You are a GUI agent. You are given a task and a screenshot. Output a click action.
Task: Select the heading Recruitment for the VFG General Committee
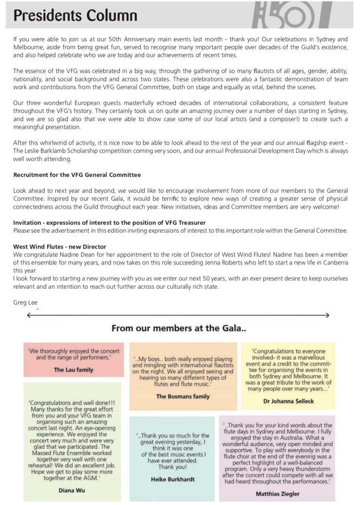[x=77, y=174]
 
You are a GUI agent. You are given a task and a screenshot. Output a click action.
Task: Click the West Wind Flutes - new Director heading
[x=60, y=247]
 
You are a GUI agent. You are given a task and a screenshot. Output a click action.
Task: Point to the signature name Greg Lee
[x=25, y=302]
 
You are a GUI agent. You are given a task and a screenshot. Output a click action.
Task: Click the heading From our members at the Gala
[x=179, y=329]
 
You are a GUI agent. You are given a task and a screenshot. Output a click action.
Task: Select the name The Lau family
[x=74, y=370]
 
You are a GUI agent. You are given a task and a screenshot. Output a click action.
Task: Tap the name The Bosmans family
[x=183, y=396]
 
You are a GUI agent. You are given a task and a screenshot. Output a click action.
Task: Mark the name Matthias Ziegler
[x=277, y=494]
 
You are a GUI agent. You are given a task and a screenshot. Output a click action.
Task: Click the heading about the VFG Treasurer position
[x=109, y=222]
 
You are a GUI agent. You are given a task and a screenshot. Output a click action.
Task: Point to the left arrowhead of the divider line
[x=29, y=316]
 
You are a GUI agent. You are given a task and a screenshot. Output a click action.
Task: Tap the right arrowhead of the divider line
[x=328, y=316]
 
